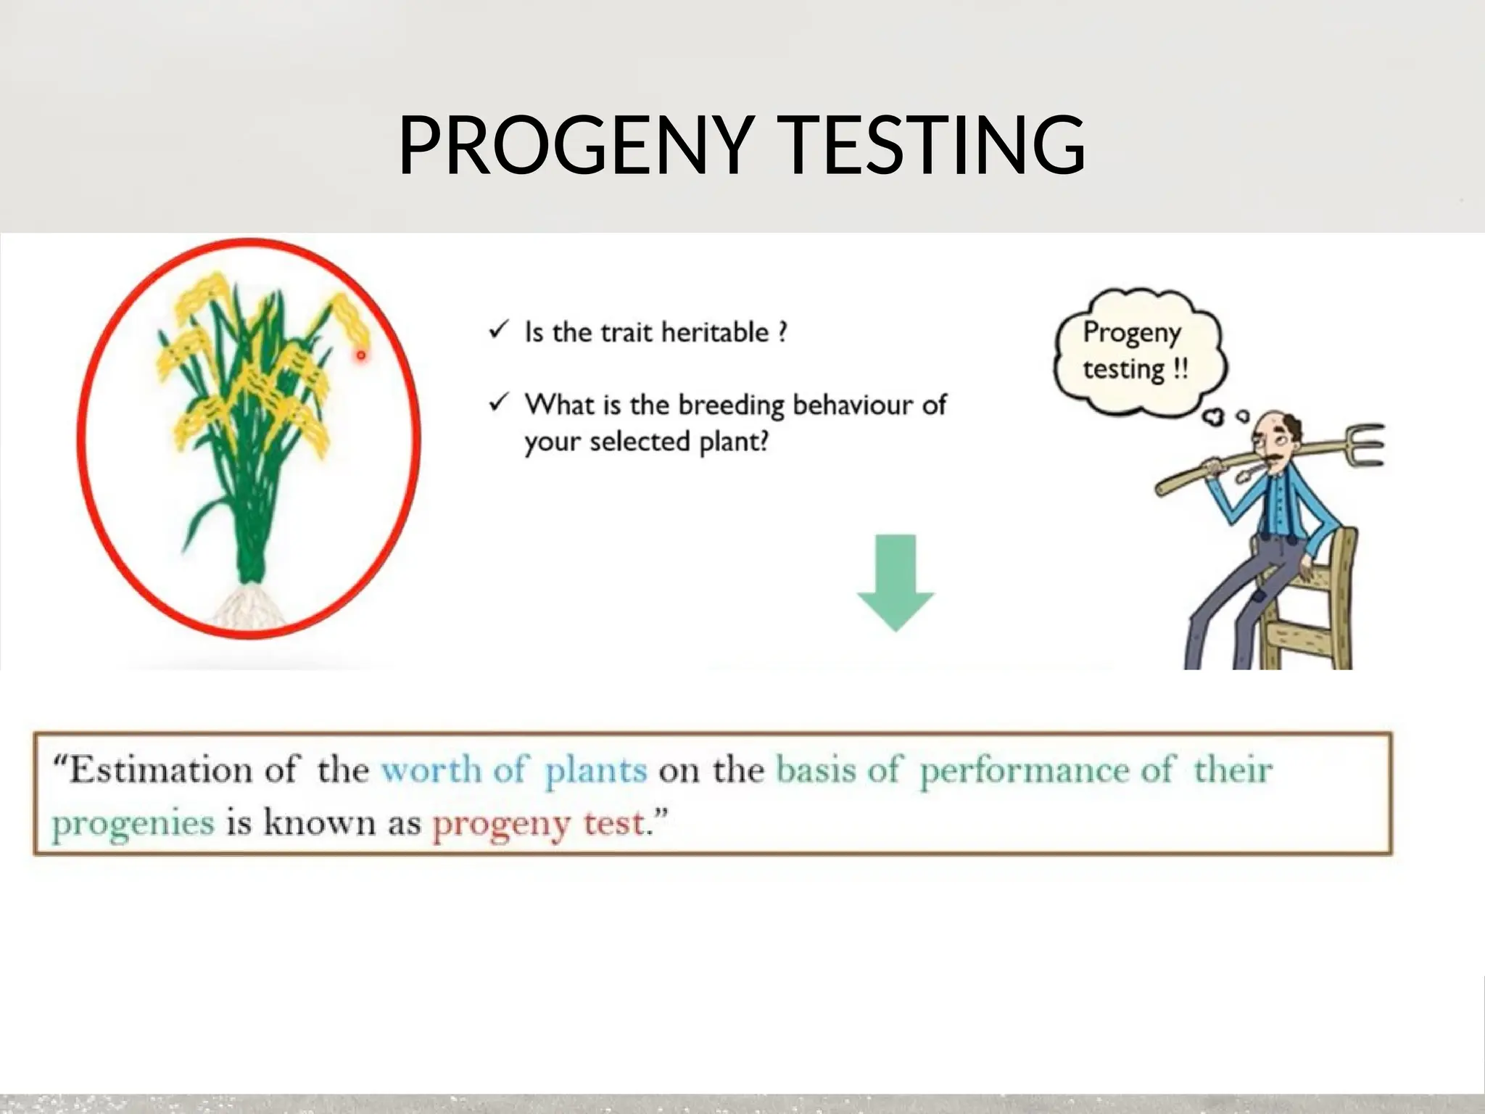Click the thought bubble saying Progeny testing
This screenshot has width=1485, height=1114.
[x=1136, y=352]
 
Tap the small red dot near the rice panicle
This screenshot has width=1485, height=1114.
[x=360, y=355]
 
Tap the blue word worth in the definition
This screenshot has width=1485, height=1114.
[x=431, y=770]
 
